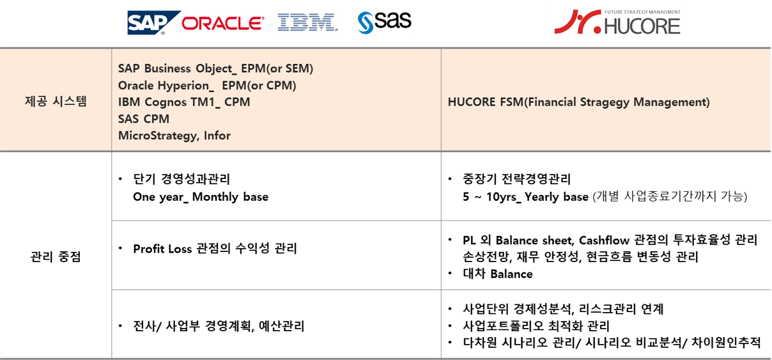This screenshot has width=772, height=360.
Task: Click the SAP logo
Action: (154, 23)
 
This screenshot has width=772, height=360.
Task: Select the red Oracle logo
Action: (223, 24)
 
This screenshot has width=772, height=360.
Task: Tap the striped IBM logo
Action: (307, 22)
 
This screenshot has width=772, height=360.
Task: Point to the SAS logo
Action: (384, 22)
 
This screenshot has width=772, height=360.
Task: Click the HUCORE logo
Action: (617, 22)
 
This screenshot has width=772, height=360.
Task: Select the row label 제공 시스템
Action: (56, 102)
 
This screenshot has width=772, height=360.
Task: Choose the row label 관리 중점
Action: (56, 256)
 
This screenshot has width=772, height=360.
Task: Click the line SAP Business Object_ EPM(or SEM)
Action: (215, 68)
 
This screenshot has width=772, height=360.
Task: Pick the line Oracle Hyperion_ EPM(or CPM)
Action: (207, 85)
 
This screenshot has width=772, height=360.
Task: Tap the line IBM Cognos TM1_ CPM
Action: (184, 102)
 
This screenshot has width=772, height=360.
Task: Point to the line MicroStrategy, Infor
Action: (174, 136)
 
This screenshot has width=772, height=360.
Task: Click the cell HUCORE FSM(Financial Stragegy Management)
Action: (578, 102)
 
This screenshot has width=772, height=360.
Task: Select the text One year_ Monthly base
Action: (201, 197)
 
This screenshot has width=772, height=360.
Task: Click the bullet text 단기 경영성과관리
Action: (181, 179)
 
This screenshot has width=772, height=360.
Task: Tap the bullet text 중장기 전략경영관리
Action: (516, 179)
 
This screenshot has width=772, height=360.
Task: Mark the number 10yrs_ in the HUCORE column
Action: (504, 197)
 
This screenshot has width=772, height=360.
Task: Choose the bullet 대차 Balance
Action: (498, 274)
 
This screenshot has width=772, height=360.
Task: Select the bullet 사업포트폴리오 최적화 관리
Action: (536, 325)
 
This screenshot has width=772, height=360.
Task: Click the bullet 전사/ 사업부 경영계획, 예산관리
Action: (219, 326)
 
